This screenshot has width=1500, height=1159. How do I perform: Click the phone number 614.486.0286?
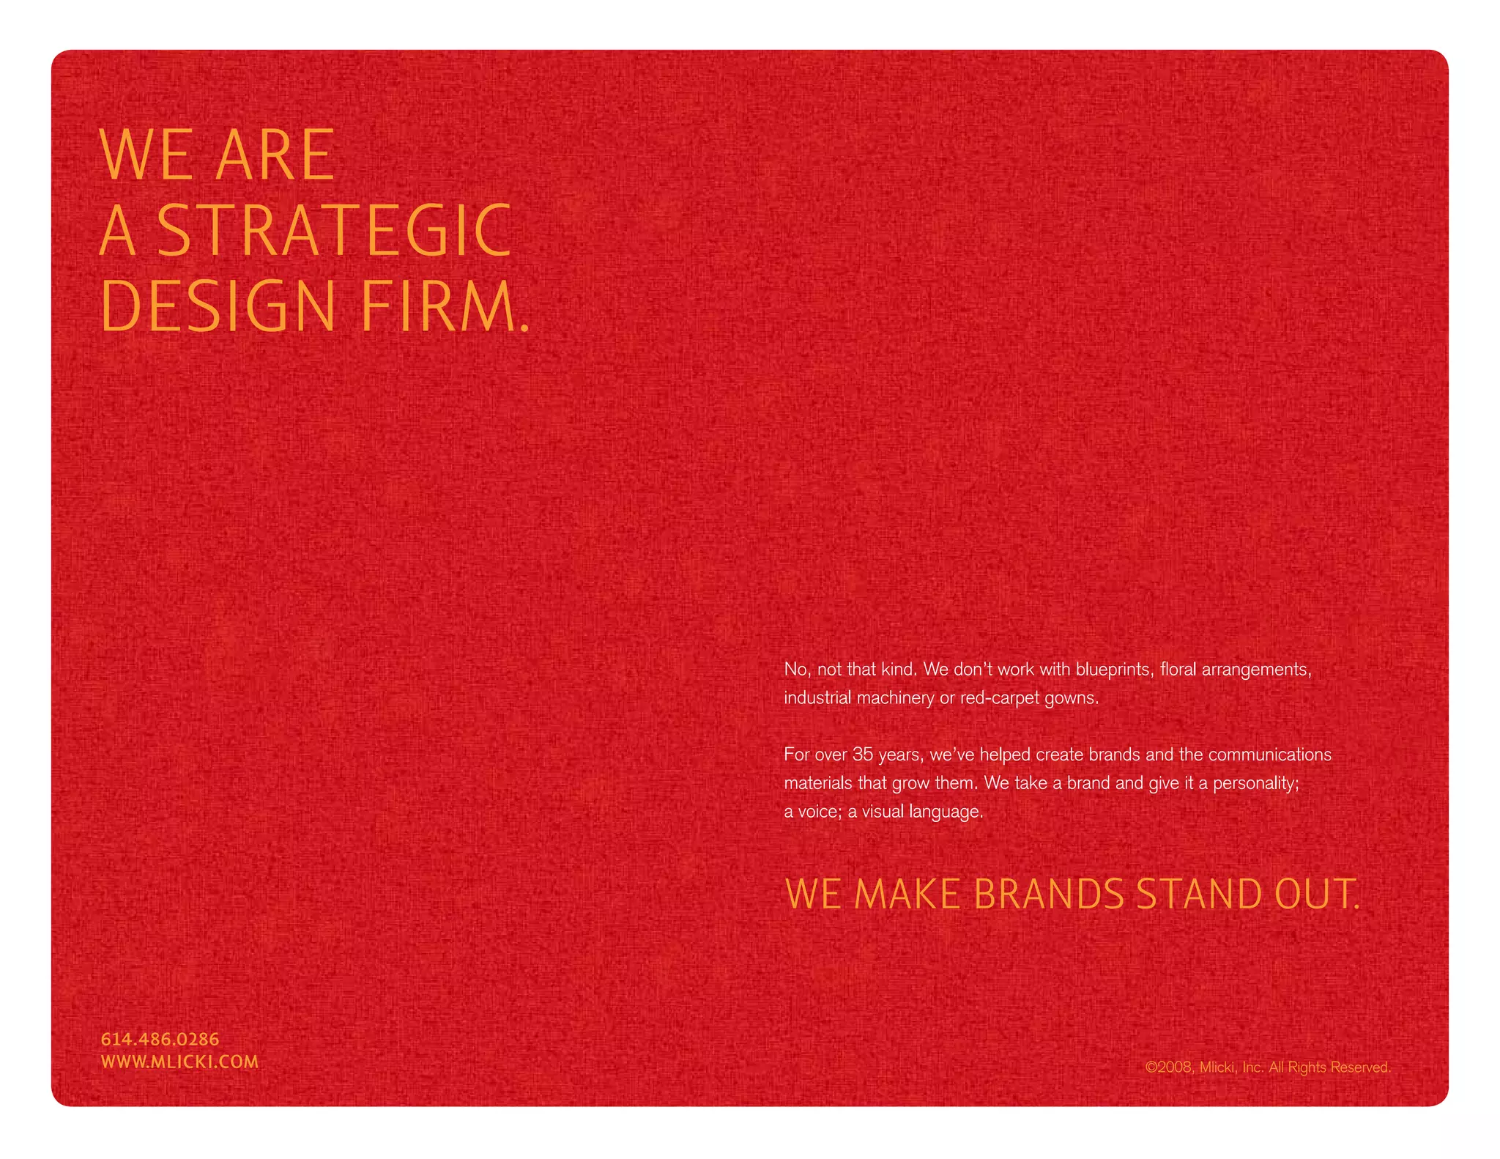pos(160,1039)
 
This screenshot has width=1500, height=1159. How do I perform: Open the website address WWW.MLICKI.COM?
pos(179,1062)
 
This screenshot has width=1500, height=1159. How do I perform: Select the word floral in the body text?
pos(1178,669)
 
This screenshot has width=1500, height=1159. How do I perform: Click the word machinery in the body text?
pos(896,697)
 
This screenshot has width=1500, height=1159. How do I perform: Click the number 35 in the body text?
pos(863,755)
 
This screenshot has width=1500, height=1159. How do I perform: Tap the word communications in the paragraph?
pos(1269,755)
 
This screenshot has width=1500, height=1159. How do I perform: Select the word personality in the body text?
pos(1255,783)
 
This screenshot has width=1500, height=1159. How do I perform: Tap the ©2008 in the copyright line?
pos(1169,1067)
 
